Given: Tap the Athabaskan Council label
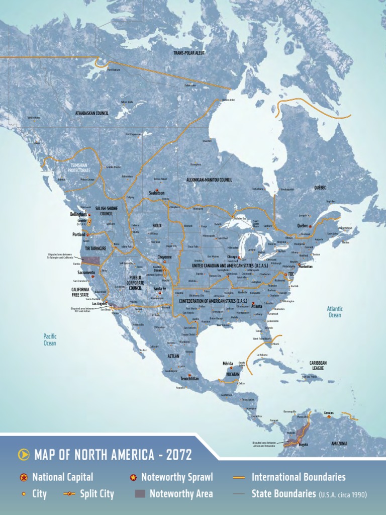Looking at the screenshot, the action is click(x=92, y=113).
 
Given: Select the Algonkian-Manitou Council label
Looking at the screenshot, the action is click(x=209, y=180).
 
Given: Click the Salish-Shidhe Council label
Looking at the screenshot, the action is click(x=107, y=211).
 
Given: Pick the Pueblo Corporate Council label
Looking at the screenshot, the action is click(x=135, y=283).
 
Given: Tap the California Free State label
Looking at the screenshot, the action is click(x=80, y=292).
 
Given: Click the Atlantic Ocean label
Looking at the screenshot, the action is click(x=335, y=312).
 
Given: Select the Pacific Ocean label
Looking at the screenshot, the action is click(x=50, y=339).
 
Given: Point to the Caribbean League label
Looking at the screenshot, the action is click(x=318, y=365).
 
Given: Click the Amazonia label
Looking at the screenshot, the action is click(x=339, y=444).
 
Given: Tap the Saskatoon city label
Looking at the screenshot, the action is click(x=157, y=193).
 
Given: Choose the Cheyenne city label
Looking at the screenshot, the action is click(x=164, y=257).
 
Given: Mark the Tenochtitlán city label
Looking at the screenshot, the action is click(x=190, y=378).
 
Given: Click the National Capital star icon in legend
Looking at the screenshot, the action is click(x=24, y=477).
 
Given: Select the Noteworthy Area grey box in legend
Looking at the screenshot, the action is click(x=140, y=494).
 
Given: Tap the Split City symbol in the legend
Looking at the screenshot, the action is click(x=70, y=494).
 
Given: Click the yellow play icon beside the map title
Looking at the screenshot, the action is click(x=23, y=455).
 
